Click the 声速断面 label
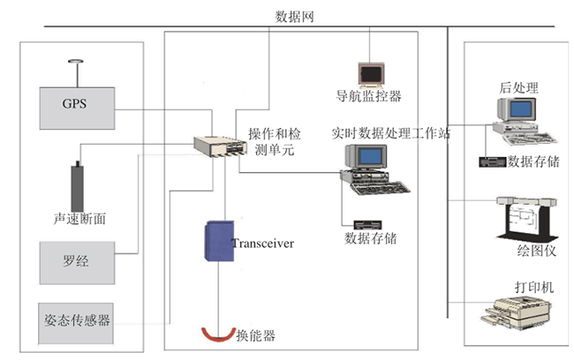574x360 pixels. coord(80,219)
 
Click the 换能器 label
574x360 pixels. coord(256,335)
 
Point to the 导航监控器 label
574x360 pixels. coord(368,96)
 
